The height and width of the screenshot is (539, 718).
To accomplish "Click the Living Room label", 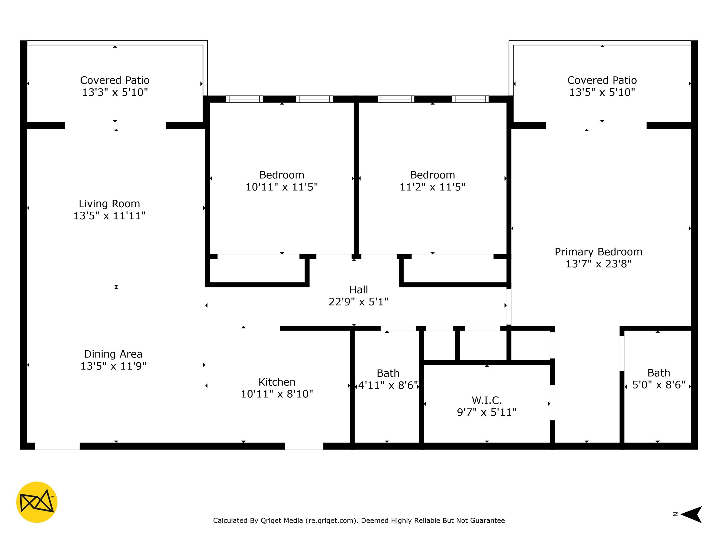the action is click(109, 204).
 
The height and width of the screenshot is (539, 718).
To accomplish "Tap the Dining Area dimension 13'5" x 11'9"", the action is click(113, 366).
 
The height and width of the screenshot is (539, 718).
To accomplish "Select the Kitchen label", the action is click(277, 382).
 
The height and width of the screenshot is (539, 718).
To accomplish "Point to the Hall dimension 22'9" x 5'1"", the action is click(358, 302).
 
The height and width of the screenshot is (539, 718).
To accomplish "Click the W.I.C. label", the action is click(486, 400).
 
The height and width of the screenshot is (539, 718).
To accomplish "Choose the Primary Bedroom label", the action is click(599, 252).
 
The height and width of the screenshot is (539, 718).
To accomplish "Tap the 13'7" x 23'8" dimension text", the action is click(599, 264).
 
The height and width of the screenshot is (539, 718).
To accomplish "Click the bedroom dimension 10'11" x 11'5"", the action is click(282, 187).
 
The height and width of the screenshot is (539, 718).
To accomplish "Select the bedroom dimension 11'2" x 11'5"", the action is click(432, 187).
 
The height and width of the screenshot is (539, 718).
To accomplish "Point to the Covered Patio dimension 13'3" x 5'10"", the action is click(115, 92).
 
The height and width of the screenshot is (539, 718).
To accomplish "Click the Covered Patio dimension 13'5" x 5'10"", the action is click(602, 92).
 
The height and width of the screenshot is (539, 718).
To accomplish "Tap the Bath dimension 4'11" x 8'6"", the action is click(388, 386).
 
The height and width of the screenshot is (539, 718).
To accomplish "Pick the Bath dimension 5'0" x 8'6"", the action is click(658, 385).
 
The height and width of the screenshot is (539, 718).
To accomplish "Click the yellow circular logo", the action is click(37, 502).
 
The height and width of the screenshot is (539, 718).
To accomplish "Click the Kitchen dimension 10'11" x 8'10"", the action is click(277, 394).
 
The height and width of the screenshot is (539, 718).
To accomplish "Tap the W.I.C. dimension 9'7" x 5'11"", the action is click(486, 412).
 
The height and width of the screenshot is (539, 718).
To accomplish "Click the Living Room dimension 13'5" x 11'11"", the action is click(109, 216).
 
